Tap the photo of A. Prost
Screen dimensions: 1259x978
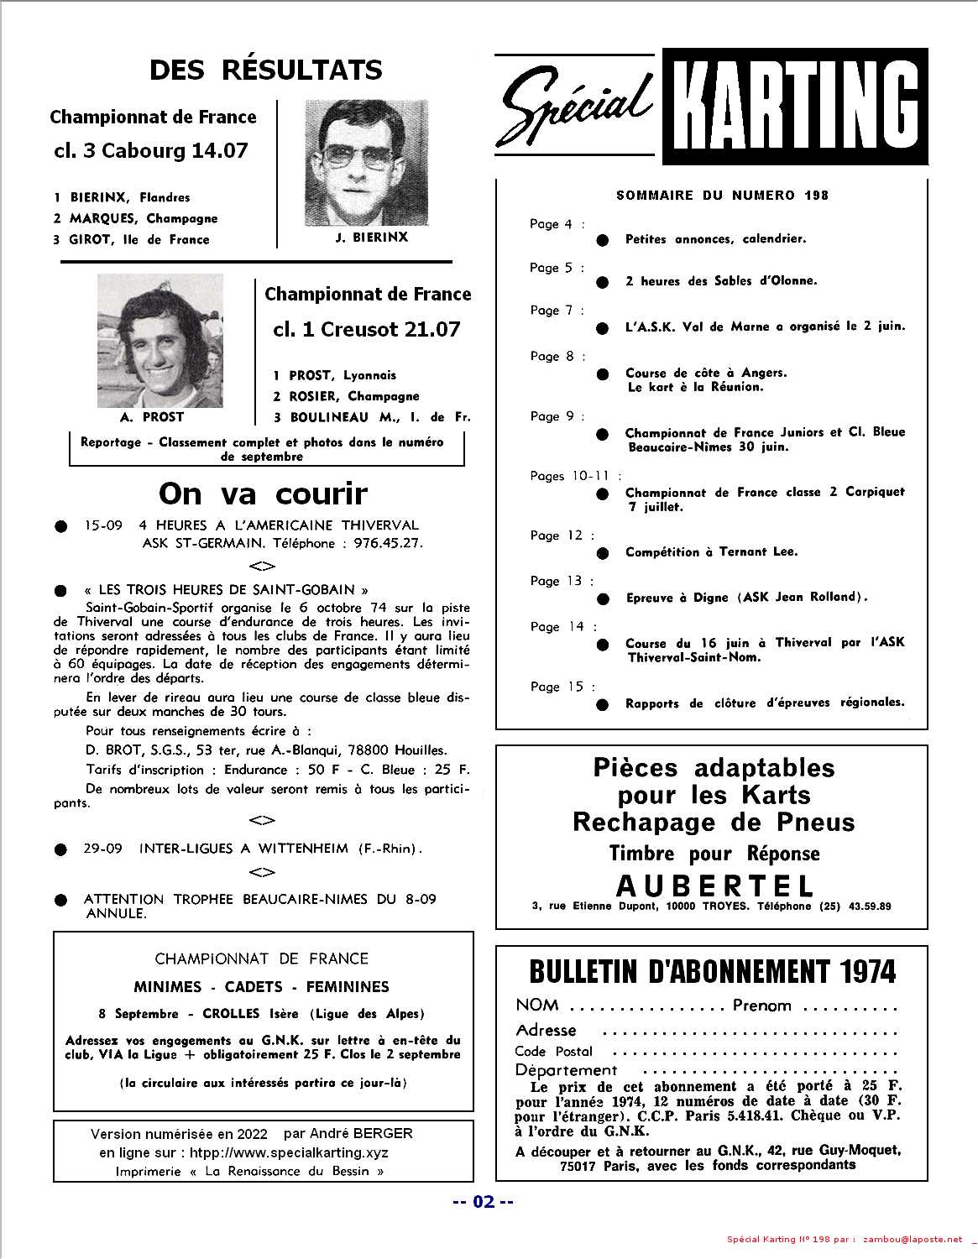160,341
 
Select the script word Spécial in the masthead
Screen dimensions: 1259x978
578,107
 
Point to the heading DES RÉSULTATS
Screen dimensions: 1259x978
265,70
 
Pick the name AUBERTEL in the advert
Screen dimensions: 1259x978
714,885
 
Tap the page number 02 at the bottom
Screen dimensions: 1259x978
484,1201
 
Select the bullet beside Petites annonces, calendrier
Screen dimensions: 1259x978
602,240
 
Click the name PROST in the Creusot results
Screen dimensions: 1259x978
310,375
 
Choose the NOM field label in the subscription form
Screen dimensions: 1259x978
536,1005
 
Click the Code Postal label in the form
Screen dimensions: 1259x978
553,1051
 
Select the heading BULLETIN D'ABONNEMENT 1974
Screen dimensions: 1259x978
713,972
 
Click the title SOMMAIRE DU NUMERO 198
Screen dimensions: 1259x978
722,196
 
